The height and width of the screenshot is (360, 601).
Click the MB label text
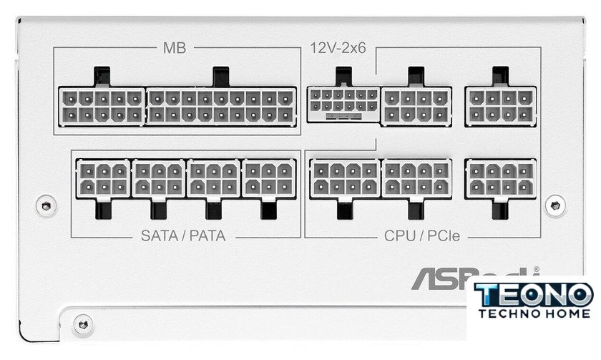pyautogui.click(x=175, y=48)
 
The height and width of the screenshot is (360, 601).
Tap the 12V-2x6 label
pyautogui.click(x=337, y=48)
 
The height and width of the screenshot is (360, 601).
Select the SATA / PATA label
pyautogui.click(x=183, y=235)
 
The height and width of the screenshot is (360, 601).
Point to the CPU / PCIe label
pyautogui.click(x=422, y=235)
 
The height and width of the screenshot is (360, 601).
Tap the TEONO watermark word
pyautogui.click(x=534, y=294)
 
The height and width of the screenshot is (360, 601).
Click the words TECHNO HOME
pyautogui.click(x=534, y=313)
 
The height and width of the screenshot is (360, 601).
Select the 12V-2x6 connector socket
pyautogui.click(x=342, y=104)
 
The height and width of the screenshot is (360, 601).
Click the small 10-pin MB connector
pyautogui.click(x=102, y=106)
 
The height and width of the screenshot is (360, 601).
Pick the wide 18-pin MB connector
pyautogui.click(x=221, y=106)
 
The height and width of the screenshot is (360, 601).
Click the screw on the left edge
pyautogui.click(x=47, y=205)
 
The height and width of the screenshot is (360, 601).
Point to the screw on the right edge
pyautogui.click(x=554, y=205)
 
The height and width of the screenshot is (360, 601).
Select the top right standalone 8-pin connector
pyautogui.click(x=500, y=106)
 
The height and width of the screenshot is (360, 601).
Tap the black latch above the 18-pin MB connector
pyautogui.click(x=221, y=76)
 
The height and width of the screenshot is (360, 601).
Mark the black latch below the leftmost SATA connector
pyautogui.click(x=102, y=210)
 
